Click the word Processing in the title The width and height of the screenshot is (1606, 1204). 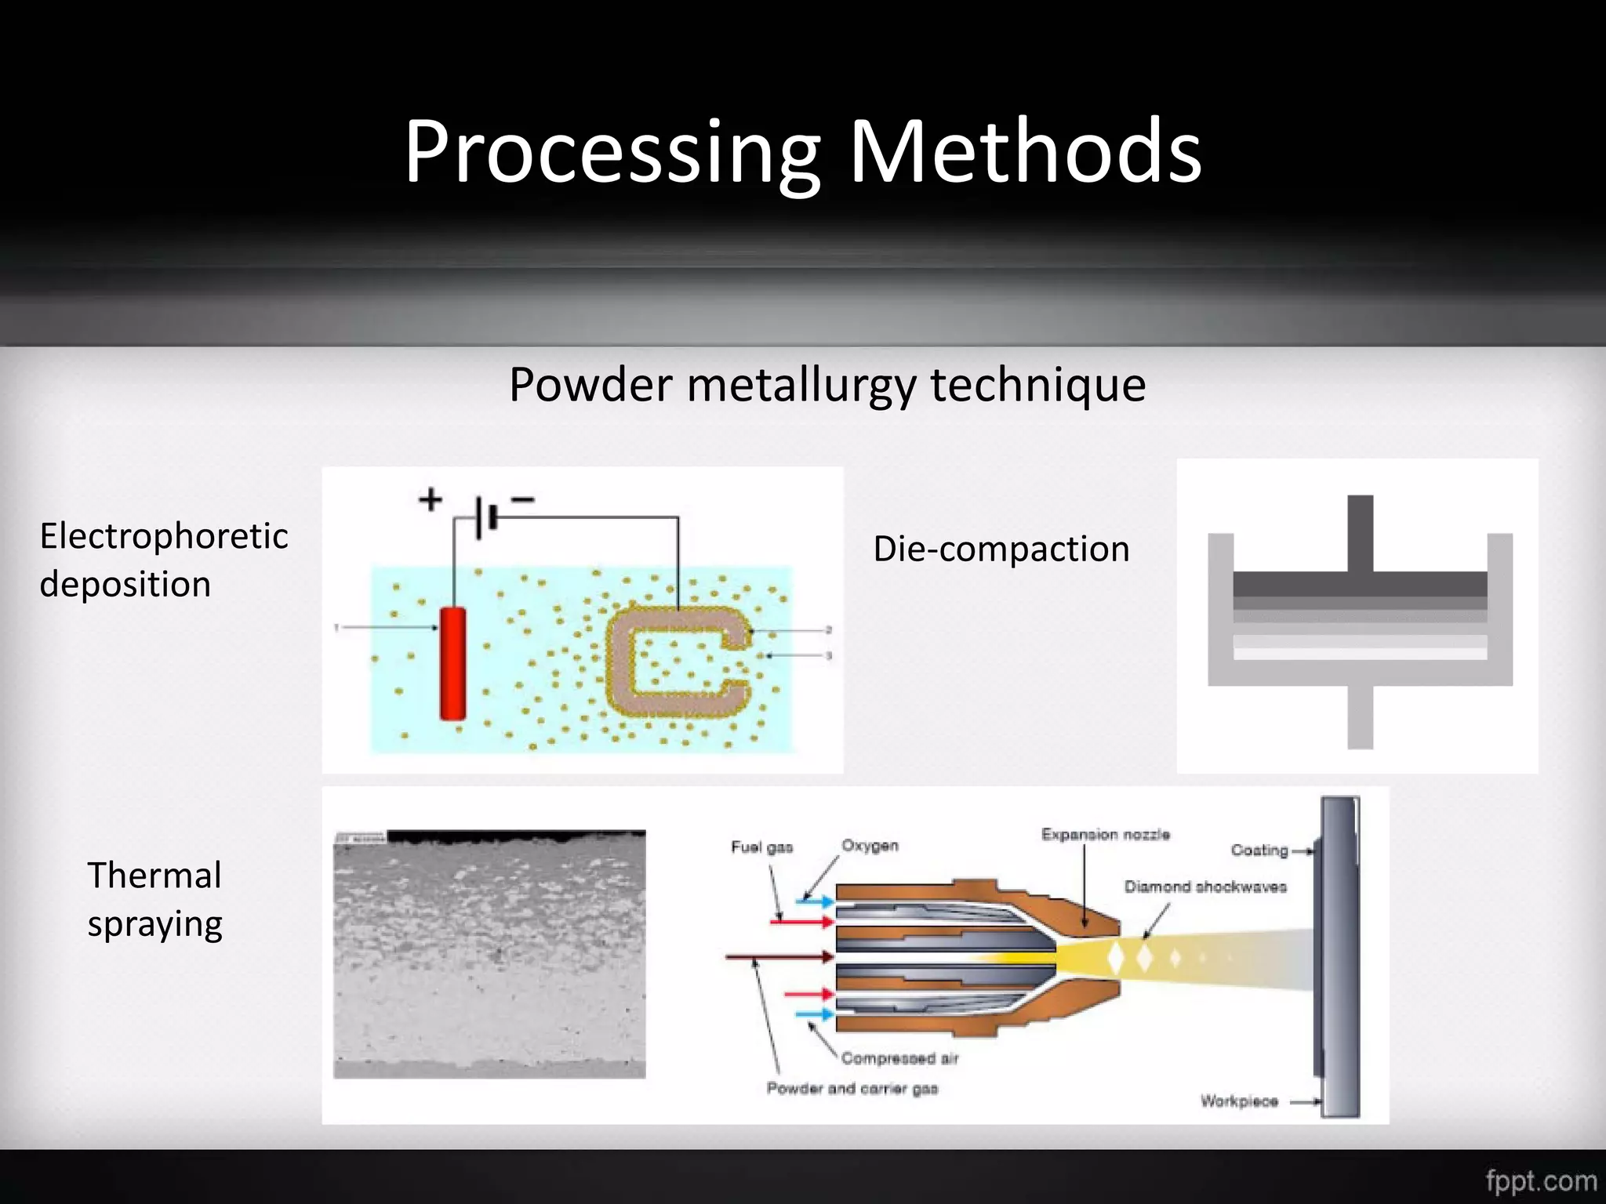(x=612, y=153)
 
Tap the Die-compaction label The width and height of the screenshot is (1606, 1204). (x=1001, y=549)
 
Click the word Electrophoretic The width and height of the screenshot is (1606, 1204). (x=164, y=536)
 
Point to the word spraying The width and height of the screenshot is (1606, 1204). (x=154, y=924)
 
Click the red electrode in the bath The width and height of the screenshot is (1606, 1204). (x=452, y=663)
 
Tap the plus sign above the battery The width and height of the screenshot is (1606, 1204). (x=430, y=499)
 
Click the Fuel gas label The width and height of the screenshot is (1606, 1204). (x=761, y=847)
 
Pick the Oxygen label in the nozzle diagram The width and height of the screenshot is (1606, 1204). (x=870, y=846)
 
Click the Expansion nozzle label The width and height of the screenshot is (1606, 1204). (x=1105, y=835)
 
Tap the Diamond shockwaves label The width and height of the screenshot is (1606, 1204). (x=1205, y=887)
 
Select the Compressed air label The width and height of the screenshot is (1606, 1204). (x=899, y=1059)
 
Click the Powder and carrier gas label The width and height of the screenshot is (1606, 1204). (x=852, y=1089)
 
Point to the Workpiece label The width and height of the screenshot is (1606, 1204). (x=1239, y=1101)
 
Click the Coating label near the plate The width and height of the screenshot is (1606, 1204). (x=1259, y=850)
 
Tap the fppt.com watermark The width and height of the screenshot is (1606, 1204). (x=1540, y=1180)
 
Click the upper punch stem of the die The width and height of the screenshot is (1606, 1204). (x=1361, y=533)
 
